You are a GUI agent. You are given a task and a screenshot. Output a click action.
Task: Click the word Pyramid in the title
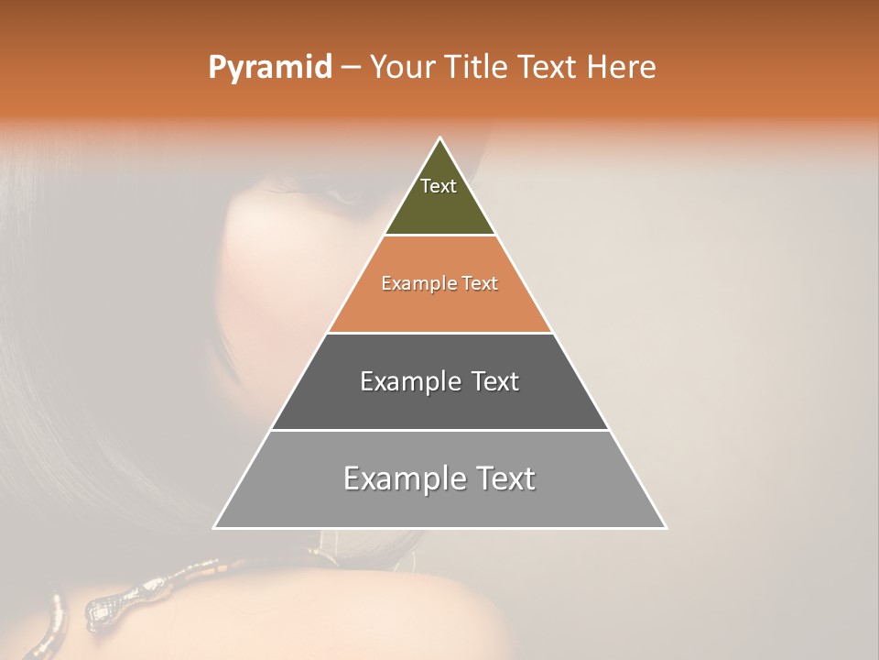(x=269, y=68)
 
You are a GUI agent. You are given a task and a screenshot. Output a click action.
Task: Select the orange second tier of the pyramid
(x=439, y=307)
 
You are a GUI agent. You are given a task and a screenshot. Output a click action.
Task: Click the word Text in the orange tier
(x=480, y=284)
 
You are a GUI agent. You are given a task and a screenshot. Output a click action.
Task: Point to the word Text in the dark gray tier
(x=494, y=381)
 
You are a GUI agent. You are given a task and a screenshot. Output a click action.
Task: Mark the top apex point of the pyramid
(x=440, y=138)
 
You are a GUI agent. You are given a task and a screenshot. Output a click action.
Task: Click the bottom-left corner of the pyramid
(x=214, y=528)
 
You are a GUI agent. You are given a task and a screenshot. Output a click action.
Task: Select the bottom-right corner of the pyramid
(x=666, y=528)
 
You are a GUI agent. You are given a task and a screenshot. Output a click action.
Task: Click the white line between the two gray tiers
(x=439, y=430)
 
